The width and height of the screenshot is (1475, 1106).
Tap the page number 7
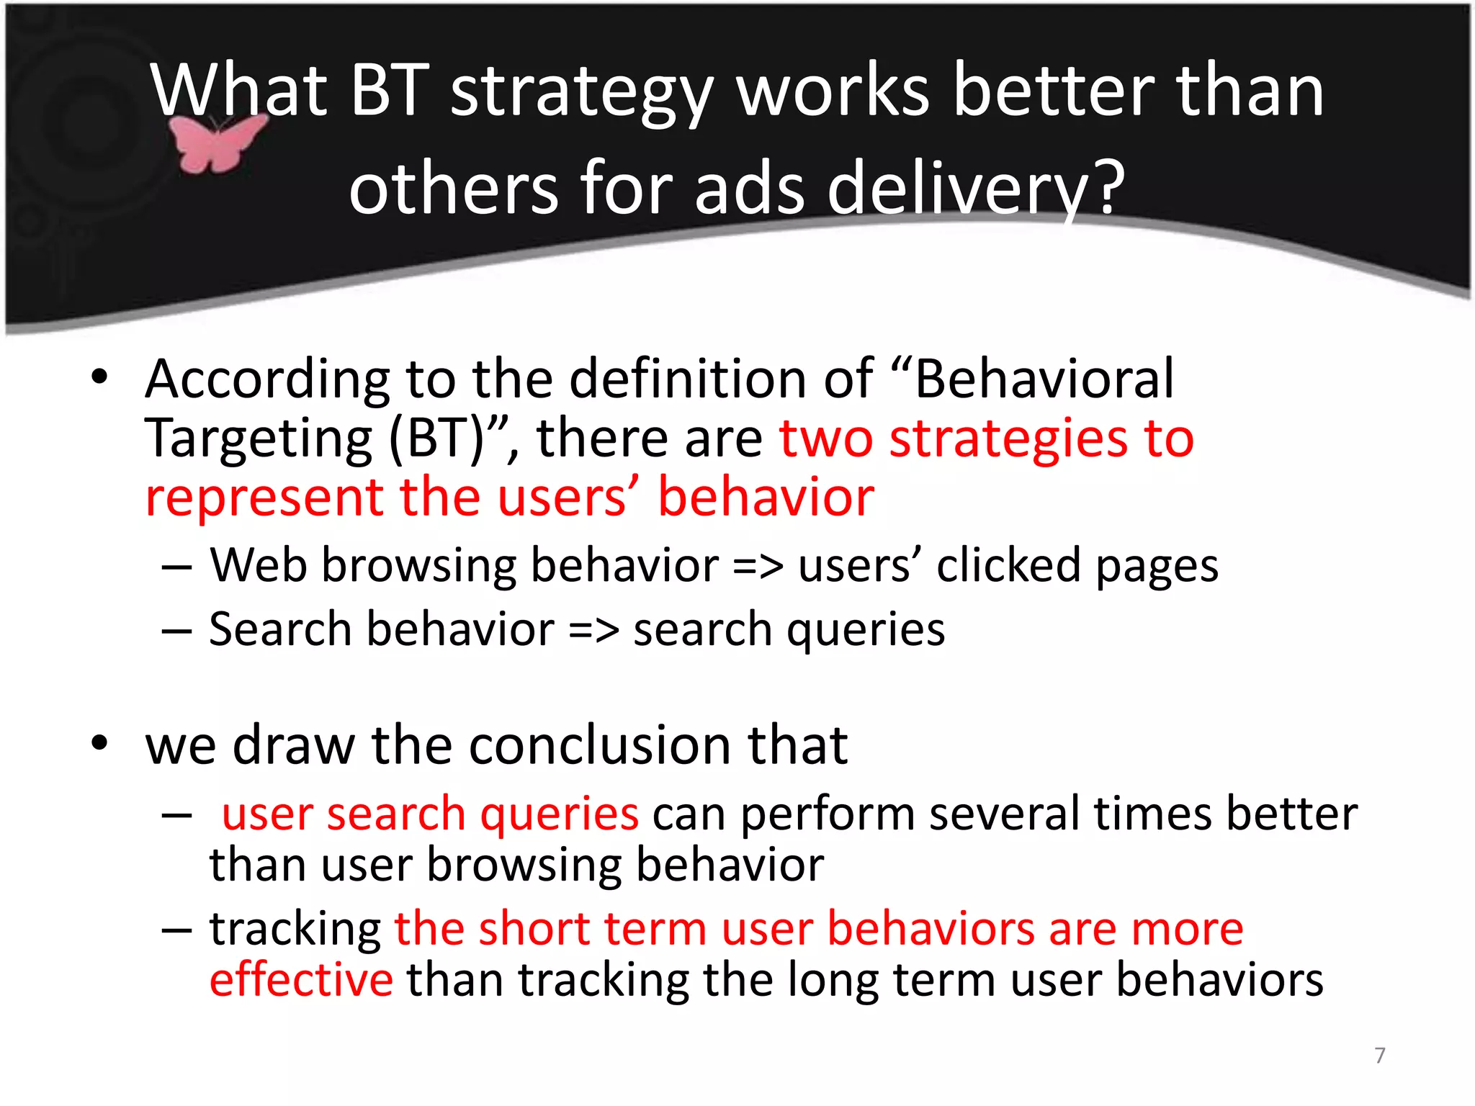[1380, 1055]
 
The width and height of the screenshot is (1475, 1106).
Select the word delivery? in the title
[975, 189]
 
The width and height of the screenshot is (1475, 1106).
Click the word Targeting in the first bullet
[259, 439]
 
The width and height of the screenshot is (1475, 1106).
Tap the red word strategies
[1008, 439]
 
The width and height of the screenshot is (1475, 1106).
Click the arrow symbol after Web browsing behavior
[757, 567]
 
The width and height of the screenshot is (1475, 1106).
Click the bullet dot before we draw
[99, 744]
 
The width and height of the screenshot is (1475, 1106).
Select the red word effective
[301, 980]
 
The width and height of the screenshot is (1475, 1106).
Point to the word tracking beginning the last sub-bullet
[295, 930]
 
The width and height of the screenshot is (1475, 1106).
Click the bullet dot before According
[99, 377]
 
